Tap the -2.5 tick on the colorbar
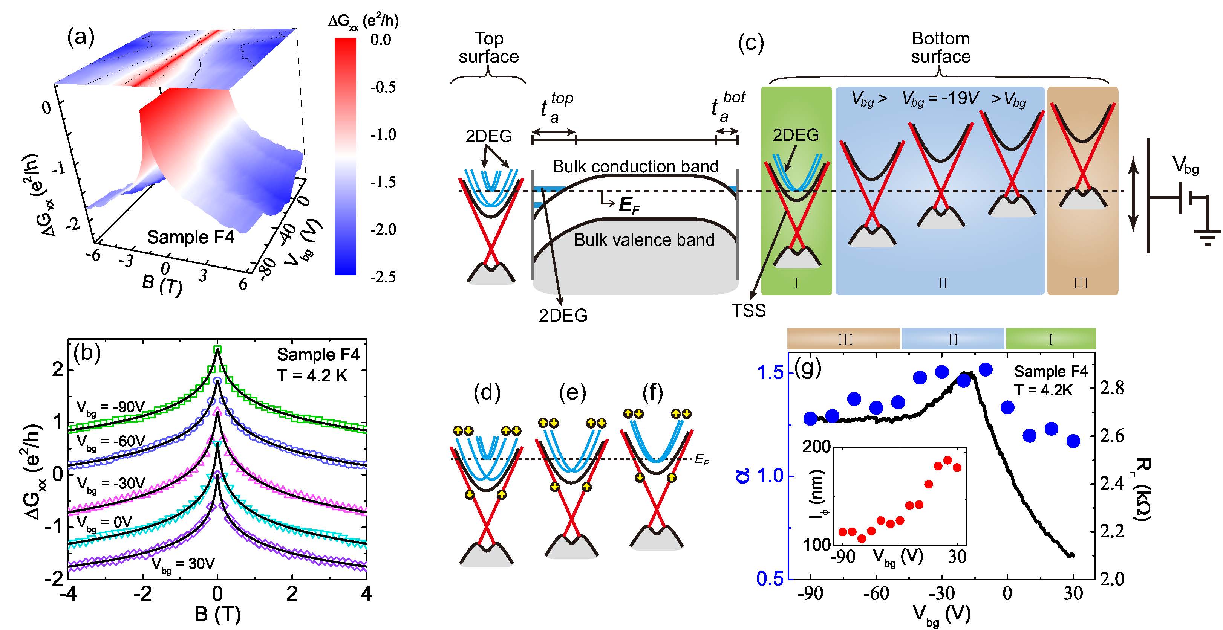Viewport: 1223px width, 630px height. click(383, 276)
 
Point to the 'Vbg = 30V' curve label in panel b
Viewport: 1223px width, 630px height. click(183, 564)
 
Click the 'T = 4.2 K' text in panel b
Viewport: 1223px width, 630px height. click(312, 376)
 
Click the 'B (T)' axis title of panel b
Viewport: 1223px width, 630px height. click(217, 614)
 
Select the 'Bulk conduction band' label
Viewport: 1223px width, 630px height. click(635, 166)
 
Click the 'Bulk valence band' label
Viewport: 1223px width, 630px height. click(644, 240)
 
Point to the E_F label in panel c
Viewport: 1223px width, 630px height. click(629, 205)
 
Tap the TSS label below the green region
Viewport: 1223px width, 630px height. click(749, 310)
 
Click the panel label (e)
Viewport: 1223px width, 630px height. click(572, 392)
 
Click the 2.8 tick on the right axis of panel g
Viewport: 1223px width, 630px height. click(1112, 388)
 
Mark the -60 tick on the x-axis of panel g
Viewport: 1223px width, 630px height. click(876, 593)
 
